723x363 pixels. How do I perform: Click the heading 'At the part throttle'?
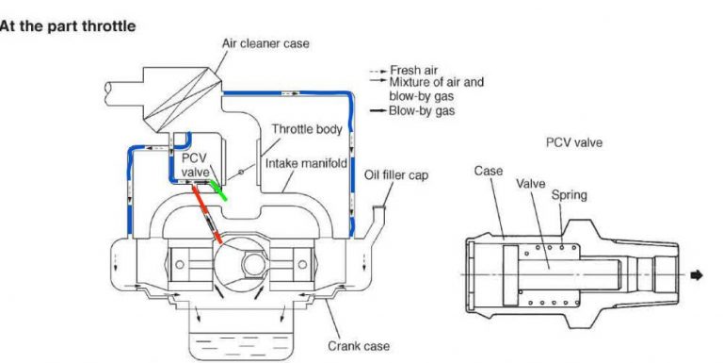[69, 25]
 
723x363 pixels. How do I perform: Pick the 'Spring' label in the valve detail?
[570, 195]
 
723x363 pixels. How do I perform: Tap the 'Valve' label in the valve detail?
[531, 184]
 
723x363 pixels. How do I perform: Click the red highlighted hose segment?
[206, 214]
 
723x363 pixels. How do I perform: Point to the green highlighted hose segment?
[218, 189]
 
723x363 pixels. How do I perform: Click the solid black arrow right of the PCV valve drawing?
[697, 275]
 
